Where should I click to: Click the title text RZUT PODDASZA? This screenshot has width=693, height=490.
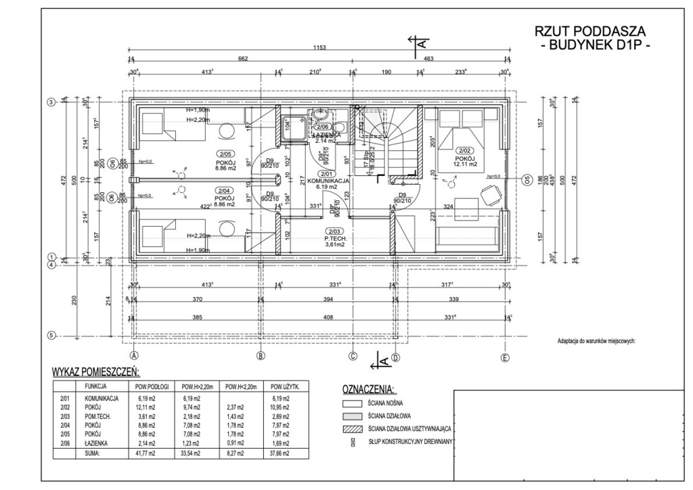(590, 32)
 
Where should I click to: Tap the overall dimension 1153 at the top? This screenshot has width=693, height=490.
(319, 47)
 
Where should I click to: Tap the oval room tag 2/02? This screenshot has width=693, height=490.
(464, 150)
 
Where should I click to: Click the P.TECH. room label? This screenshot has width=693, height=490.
(335, 238)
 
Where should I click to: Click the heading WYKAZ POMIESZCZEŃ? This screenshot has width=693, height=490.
(95, 372)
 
